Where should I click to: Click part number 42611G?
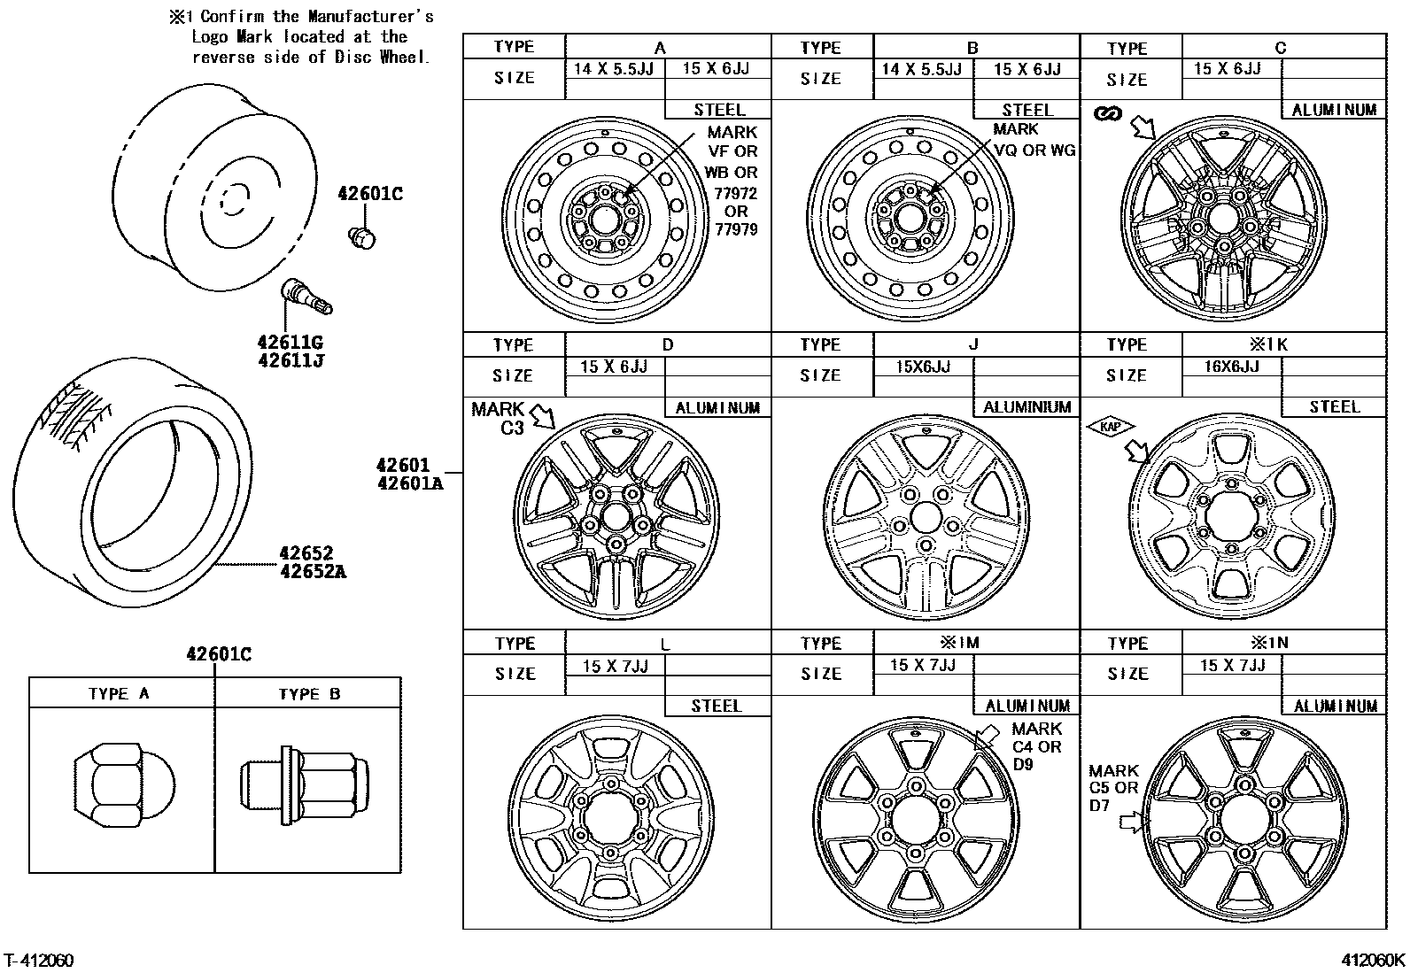tap(290, 342)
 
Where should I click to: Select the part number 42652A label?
tap(313, 572)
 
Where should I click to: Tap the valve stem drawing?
tap(306, 297)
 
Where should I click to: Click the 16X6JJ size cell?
tap(1231, 367)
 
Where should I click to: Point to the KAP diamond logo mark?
tap(1110, 427)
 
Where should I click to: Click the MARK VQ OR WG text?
tap(1033, 140)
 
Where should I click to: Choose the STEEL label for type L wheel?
tap(717, 706)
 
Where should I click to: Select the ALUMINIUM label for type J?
tap(1027, 407)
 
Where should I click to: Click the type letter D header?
tap(668, 344)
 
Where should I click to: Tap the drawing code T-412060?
tap(39, 961)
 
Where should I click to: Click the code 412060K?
tap(1372, 961)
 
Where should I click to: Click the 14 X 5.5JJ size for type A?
tap(613, 69)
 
